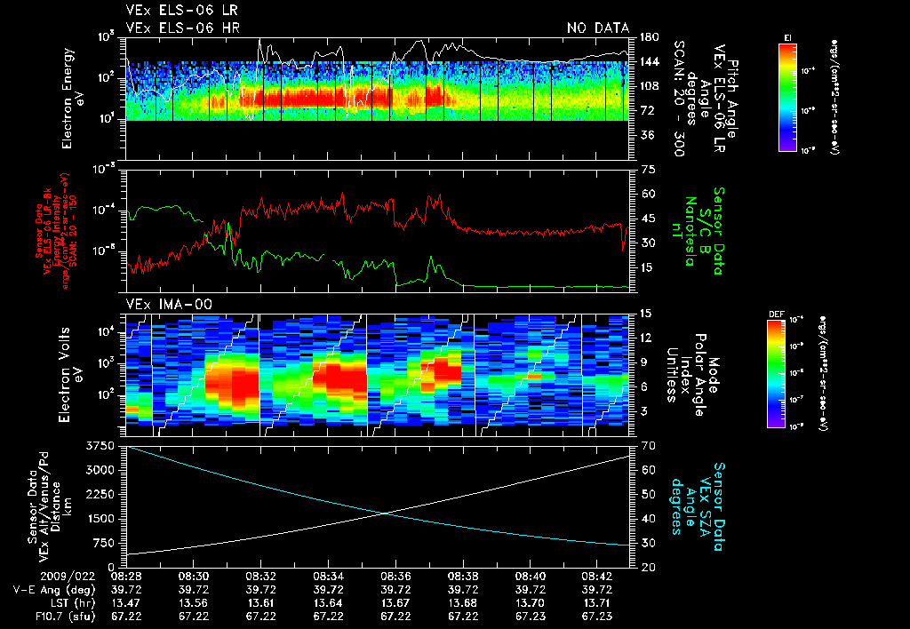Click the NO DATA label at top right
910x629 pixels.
coord(597,28)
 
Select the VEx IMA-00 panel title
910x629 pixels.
coord(161,304)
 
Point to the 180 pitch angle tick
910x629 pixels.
coord(647,37)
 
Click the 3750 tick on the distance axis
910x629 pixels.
coord(103,445)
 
